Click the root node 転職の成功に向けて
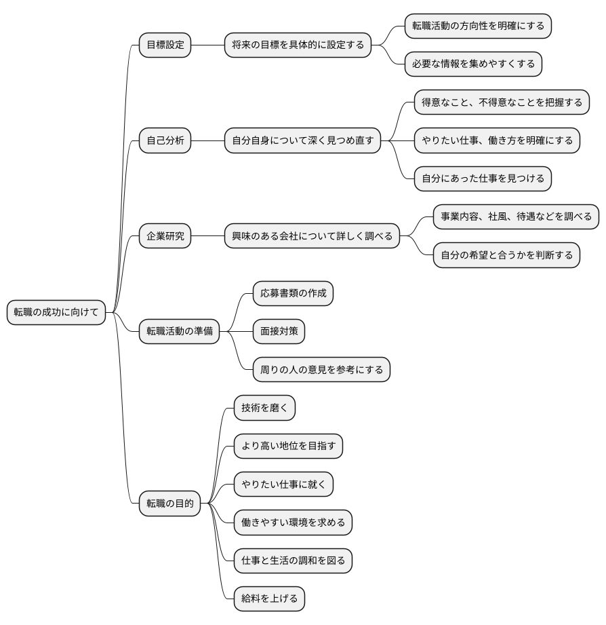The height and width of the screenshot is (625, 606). [x=56, y=312]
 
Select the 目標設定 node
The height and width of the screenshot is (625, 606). [x=165, y=45]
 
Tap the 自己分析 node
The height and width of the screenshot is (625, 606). [x=165, y=140]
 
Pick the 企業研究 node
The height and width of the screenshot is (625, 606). [x=165, y=236]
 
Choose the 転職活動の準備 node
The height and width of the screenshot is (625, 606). [x=179, y=331]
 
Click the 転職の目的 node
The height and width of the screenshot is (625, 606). [x=170, y=504]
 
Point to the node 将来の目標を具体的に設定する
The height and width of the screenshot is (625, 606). [x=298, y=45]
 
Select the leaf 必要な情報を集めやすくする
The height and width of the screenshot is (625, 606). [x=473, y=64]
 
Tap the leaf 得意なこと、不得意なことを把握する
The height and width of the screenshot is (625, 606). [x=502, y=102]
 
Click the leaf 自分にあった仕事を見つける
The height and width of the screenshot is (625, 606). [x=483, y=178]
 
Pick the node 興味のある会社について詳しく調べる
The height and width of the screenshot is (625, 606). [x=312, y=236]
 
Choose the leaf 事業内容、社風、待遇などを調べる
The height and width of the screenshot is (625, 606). [x=516, y=217]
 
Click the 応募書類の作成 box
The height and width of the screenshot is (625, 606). [x=293, y=293]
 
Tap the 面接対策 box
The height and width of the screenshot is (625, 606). [x=279, y=331]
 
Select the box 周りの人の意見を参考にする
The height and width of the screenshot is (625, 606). [x=322, y=369]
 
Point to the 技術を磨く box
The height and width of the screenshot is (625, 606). [x=265, y=408]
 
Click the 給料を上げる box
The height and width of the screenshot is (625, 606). [x=270, y=599]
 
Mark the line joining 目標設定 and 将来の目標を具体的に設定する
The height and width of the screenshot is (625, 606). [x=208, y=45]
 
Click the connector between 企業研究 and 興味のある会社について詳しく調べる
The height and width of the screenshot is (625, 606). [x=208, y=236]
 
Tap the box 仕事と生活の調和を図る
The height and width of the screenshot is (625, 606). [x=293, y=561]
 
